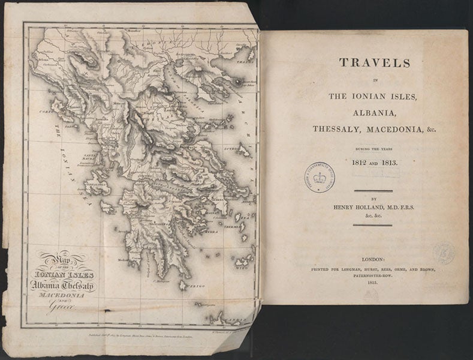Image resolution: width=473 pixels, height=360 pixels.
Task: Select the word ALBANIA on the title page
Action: coord(364,112)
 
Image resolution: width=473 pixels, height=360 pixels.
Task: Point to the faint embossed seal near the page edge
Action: coord(444,253)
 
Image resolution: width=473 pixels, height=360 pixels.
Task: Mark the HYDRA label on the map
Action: coord(211,231)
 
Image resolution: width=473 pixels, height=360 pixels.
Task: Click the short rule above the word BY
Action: coord(372,191)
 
